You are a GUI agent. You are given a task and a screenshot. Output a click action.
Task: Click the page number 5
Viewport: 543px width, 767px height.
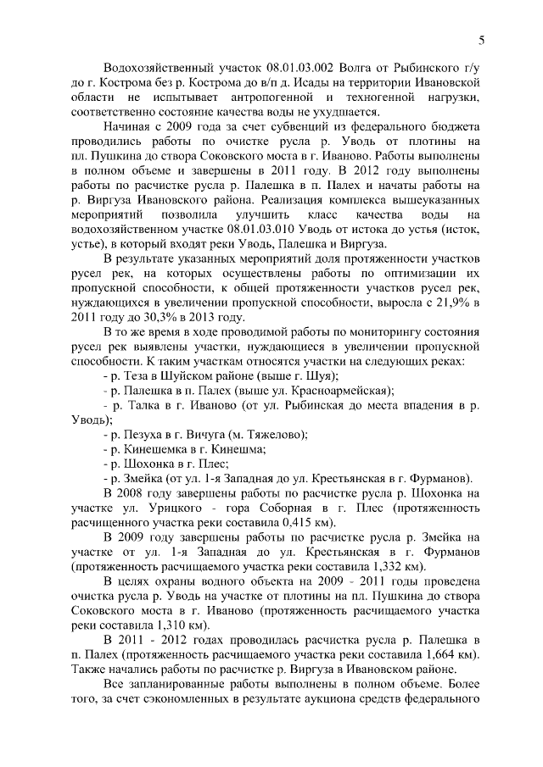tap(482, 40)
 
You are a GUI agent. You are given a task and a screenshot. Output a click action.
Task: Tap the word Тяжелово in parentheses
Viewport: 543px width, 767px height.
tap(271, 434)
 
